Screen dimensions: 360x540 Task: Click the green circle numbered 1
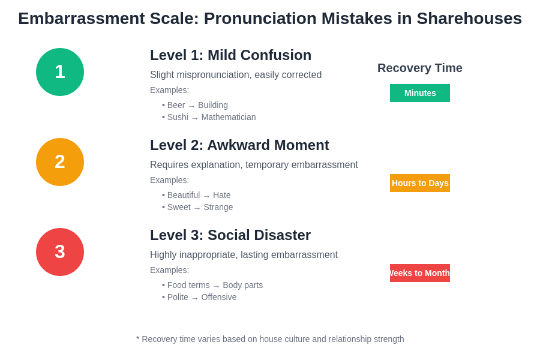[60, 72]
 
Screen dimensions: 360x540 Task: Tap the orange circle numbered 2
[60, 162]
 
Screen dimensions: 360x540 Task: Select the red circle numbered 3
[60, 252]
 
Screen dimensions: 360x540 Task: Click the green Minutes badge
[420, 93]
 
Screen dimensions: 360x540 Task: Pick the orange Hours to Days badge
[420, 183]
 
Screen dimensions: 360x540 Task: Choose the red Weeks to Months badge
[420, 273]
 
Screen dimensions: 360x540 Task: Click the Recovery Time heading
[420, 68]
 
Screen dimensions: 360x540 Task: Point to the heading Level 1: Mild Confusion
[230, 55]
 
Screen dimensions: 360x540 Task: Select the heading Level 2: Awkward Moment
[239, 145]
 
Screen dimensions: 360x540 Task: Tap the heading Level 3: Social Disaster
[230, 235]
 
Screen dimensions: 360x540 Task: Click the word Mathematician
[229, 117]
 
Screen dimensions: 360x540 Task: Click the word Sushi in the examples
[178, 117]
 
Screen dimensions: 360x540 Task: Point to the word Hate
[221, 195]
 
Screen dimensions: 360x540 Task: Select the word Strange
[218, 207]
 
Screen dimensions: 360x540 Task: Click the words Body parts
[242, 285]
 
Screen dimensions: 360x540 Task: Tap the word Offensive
[219, 297]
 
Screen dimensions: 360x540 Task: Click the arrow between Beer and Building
[191, 106]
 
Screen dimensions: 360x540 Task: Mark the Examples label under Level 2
[169, 180]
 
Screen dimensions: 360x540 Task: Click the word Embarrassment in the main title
[81, 19]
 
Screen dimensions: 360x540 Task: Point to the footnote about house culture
[270, 339]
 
